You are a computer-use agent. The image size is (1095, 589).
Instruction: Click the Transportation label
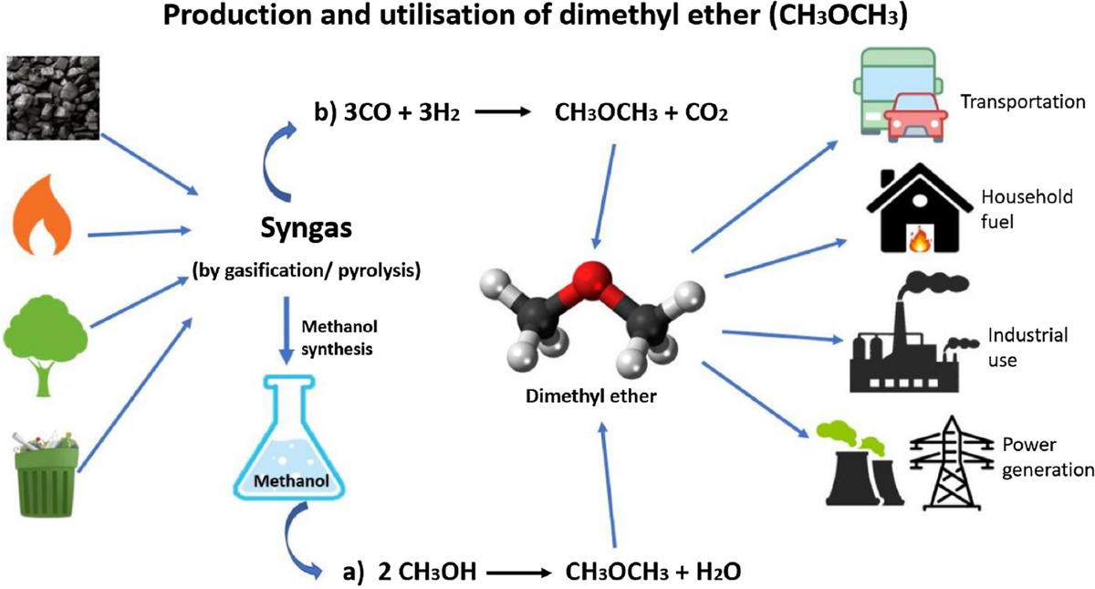[x=1023, y=101]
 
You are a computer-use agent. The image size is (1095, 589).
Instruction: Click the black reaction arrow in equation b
[x=516, y=117]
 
